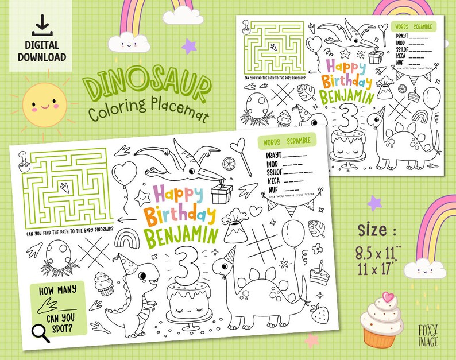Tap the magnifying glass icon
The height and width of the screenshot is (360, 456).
[40, 331]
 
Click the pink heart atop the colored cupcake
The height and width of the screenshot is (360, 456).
[388, 299]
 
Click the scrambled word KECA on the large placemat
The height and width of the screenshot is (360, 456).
[275, 180]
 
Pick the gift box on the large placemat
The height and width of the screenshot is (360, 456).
[222, 193]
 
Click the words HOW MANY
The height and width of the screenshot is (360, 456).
[57, 290]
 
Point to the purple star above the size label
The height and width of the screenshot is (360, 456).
[374, 202]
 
